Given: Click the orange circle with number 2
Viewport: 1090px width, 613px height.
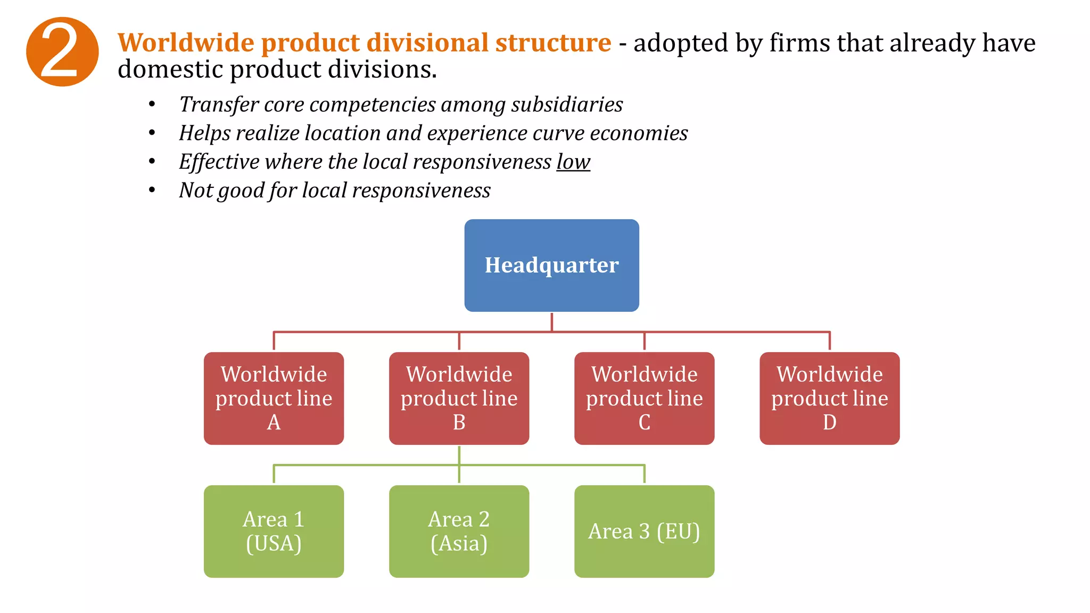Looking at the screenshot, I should [x=62, y=52].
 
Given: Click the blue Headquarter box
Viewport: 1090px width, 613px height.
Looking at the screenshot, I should [x=551, y=265].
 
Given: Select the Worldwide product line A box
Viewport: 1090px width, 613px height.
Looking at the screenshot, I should [x=274, y=398].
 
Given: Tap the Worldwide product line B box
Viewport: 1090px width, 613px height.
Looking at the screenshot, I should [x=459, y=398].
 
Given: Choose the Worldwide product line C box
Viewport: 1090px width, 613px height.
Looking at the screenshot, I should [x=644, y=398].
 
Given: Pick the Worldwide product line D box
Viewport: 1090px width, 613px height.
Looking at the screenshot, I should [x=829, y=398].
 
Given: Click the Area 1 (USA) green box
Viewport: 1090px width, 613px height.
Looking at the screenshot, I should [x=274, y=531].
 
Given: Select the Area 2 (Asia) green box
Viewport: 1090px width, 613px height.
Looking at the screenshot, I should [x=459, y=531].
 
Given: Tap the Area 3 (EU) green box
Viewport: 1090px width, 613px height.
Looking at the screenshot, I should [x=644, y=531].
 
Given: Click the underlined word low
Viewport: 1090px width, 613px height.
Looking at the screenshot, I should [x=573, y=162].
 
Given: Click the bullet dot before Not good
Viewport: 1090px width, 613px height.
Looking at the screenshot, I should [x=152, y=190].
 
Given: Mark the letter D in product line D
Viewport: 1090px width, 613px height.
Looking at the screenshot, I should [x=829, y=422].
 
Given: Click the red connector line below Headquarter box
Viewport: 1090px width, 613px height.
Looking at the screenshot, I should [x=552, y=322].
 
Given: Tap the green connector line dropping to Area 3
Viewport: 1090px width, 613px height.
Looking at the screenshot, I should [x=644, y=474].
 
